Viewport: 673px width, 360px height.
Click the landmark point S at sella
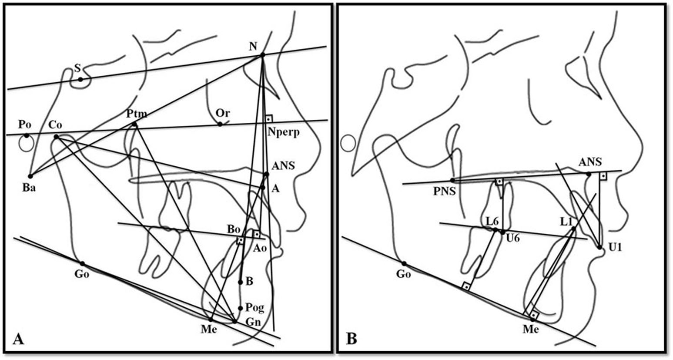click(x=80, y=79)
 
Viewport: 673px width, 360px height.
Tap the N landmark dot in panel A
click(x=263, y=55)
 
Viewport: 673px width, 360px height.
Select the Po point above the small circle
click(x=27, y=135)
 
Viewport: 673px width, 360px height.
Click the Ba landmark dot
click(x=30, y=176)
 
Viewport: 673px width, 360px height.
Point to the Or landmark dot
click(x=220, y=124)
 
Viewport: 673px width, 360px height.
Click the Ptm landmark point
click(x=134, y=125)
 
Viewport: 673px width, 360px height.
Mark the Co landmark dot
click(x=56, y=137)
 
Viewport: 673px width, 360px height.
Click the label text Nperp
click(x=284, y=132)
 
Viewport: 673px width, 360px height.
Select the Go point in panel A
click(x=82, y=263)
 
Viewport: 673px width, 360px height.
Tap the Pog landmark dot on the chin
click(x=240, y=308)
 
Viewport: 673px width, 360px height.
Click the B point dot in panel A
click(x=240, y=282)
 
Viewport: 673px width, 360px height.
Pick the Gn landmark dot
click(x=235, y=321)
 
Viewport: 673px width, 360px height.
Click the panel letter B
click(x=351, y=338)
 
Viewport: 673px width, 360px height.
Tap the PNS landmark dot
click(x=452, y=180)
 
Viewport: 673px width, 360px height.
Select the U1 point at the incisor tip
click(x=599, y=247)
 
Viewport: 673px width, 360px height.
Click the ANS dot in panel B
click(x=589, y=174)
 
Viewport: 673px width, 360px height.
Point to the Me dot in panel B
click(x=532, y=320)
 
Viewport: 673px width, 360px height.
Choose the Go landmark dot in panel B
click(x=404, y=263)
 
